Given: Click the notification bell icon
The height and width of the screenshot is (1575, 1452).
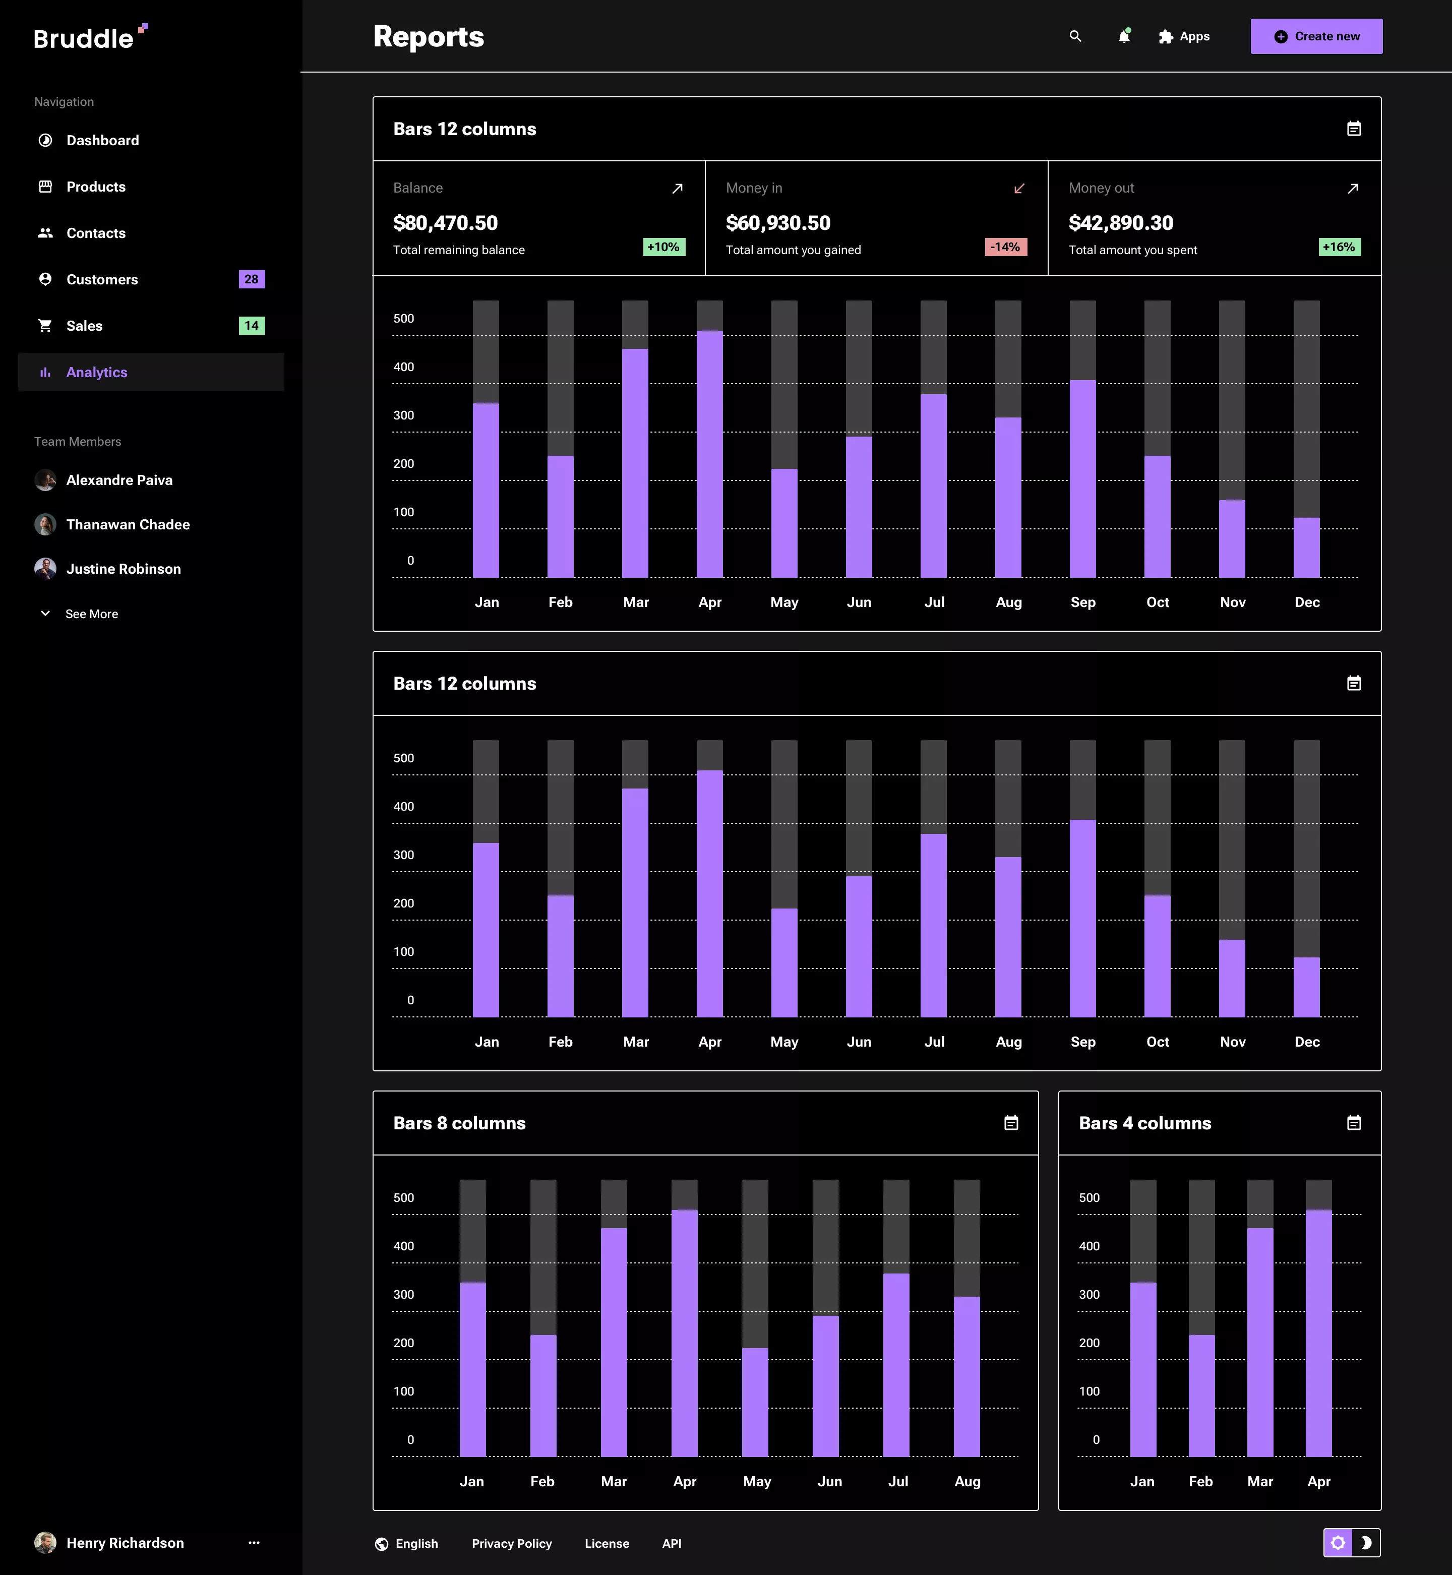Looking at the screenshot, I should [x=1124, y=36].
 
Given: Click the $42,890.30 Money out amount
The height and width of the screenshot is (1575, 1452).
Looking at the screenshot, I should [x=1120, y=223].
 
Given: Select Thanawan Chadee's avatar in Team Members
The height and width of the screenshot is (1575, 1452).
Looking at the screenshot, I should [x=45, y=525].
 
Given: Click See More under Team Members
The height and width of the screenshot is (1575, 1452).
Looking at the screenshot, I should [x=91, y=614].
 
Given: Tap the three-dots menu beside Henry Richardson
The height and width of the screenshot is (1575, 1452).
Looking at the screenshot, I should [x=254, y=1543].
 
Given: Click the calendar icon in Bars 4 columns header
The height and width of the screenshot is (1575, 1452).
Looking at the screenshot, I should [x=1354, y=1123].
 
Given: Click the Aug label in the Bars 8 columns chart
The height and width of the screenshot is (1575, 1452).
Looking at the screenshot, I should [x=967, y=1482].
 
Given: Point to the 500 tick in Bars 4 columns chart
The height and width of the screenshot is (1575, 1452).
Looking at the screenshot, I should [x=1089, y=1198].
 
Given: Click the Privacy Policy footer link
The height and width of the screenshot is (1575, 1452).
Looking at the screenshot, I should [x=512, y=1544].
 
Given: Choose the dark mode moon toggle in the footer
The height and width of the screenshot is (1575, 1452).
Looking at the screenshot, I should [x=1366, y=1543].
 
